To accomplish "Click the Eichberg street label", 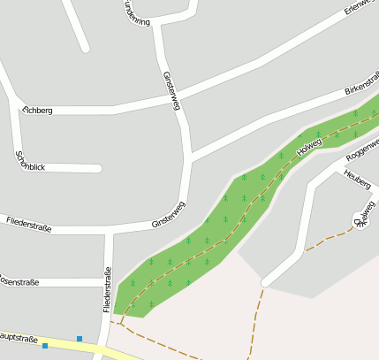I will pyautogui.click(x=38, y=111).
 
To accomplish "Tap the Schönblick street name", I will pyautogui.click(x=31, y=161).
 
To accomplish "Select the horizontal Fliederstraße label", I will pyautogui.click(x=28, y=225).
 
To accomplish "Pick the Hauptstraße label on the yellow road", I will pyautogui.click(x=19, y=338).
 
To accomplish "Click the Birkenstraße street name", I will pyautogui.click(x=362, y=85).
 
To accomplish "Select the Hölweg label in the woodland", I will pyautogui.click(x=311, y=146).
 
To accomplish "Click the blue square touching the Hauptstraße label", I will pyautogui.click(x=45, y=346).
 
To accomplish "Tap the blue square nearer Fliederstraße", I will pyautogui.click(x=80, y=339).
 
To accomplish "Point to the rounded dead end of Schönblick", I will pyautogui.click(x=98, y=168).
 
